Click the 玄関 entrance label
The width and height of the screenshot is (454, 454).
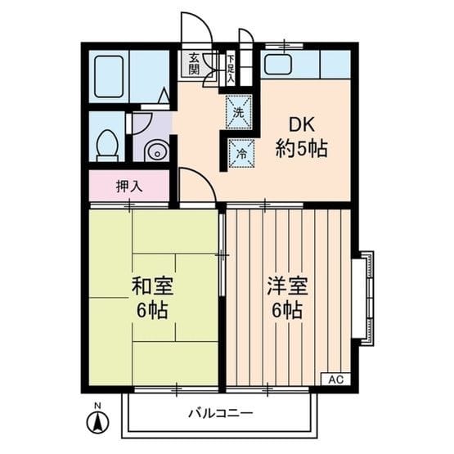click(x=194, y=64)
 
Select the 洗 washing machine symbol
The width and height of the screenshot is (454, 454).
click(x=238, y=110)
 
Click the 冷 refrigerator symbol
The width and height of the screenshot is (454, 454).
click(x=240, y=152)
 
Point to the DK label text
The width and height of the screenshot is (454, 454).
click(x=299, y=126)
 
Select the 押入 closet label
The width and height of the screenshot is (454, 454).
click(x=128, y=186)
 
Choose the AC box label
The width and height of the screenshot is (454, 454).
click(x=335, y=380)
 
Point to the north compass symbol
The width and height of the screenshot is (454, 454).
click(x=97, y=422)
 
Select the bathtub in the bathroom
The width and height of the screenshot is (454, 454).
click(x=109, y=76)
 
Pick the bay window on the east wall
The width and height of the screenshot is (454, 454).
click(x=362, y=297)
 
